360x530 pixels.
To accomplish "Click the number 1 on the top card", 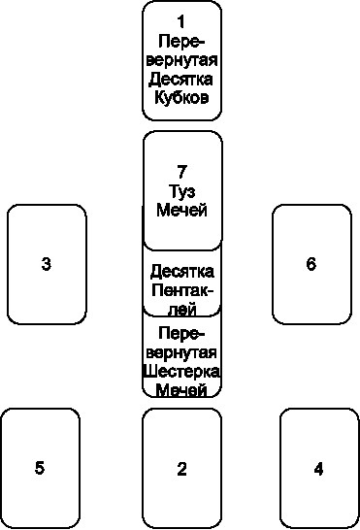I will pyautogui.click(x=181, y=21).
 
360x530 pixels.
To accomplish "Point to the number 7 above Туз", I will pyautogui.click(x=181, y=172).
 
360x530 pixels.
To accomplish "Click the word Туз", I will pyautogui.click(x=181, y=191).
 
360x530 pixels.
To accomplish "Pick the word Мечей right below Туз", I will pyautogui.click(x=181, y=211).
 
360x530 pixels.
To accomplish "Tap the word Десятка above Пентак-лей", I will pyautogui.click(x=182, y=270).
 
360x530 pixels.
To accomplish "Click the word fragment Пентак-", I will pyautogui.click(x=182, y=290).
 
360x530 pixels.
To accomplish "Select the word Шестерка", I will pyautogui.click(x=182, y=372).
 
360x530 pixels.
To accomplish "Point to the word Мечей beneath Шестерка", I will pyautogui.click(x=182, y=390).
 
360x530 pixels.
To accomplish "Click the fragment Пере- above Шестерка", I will pyautogui.click(x=182, y=332).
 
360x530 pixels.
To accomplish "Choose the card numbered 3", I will pyautogui.click(x=47, y=264).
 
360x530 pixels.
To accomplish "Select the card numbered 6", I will pyautogui.click(x=311, y=264).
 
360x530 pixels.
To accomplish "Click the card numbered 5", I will pyautogui.click(x=40, y=468).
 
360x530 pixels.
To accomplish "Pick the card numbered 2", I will pyautogui.click(x=181, y=469).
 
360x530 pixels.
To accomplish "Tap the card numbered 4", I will pyautogui.click(x=319, y=469).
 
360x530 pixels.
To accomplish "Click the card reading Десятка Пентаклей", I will pyautogui.click(x=182, y=282).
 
